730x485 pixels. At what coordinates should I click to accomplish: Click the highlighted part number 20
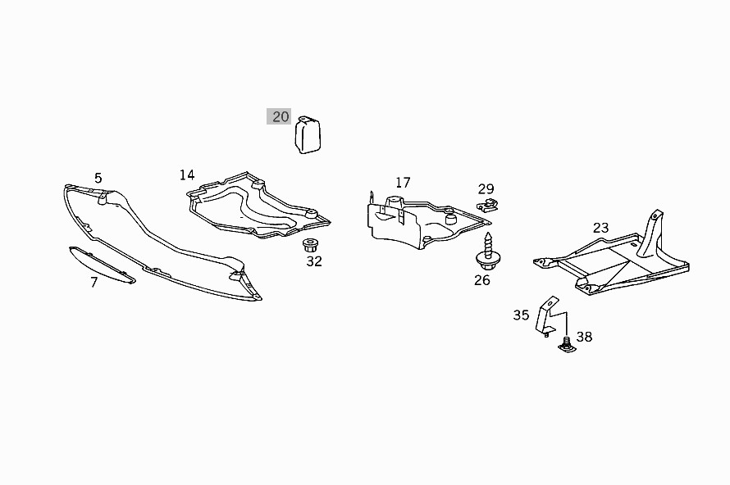pyautogui.click(x=281, y=116)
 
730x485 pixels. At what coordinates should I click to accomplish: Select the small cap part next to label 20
pyautogui.click(x=308, y=134)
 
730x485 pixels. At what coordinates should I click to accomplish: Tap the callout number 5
pyautogui.click(x=98, y=178)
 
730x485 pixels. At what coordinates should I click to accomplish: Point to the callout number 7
pyautogui.click(x=94, y=283)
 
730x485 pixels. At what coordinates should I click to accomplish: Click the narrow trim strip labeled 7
pyautogui.click(x=102, y=265)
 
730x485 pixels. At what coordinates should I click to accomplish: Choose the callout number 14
pyautogui.click(x=188, y=175)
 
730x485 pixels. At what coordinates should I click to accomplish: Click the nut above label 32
pyautogui.click(x=311, y=244)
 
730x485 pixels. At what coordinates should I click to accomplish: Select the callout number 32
pyautogui.click(x=314, y=262)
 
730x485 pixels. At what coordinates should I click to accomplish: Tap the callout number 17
pyautogui.click(x=402, y=183)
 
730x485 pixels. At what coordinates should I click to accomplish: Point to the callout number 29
pyautogui.click(x=486, y=189)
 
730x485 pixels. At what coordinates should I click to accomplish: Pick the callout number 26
pyautogui.click(x=482, y=280)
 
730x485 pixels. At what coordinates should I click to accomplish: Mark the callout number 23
pyautogui.click(x=601, y=228)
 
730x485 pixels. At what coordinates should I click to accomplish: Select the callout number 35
pyautogui.click(x=522, y=315)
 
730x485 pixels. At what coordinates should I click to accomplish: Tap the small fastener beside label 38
pyautogui.click(x=566, y=346)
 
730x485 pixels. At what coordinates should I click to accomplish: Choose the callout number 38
pyautogui.click(x=584, y=337)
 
